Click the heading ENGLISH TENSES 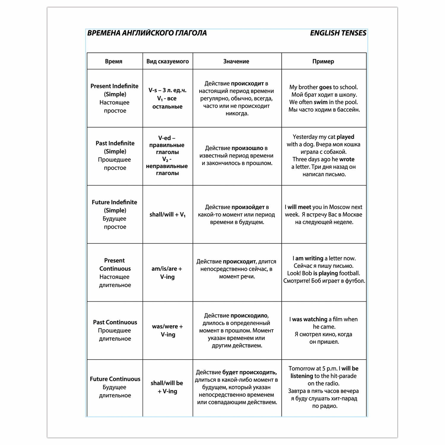tap(338, 33)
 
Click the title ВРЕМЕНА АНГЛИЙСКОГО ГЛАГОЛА tap(147, 33)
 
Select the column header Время tap(114, 61)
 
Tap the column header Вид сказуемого tap(168, 61)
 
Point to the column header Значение tap(236, 61)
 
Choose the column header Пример tap(323, 61)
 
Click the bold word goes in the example tap(325, 87)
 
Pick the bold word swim tap(320, 102)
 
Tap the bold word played tap(345, 137)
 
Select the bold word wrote tap(347, 159)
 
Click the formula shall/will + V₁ tap(167, 214)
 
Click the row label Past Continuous tap(115, 322)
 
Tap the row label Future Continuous tap(115, 379)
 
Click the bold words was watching tap(309, 319)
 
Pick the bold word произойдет tap(248, 207)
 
